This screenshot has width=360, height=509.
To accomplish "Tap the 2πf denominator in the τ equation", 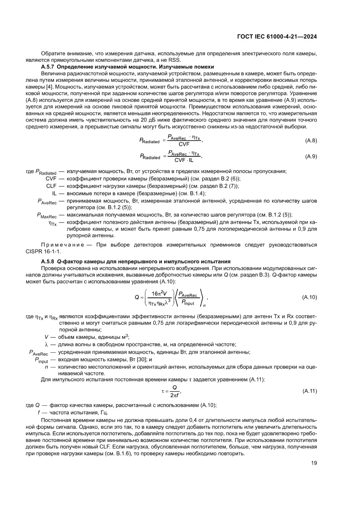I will point(175,395).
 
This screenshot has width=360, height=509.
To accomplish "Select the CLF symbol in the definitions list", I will point(51,186).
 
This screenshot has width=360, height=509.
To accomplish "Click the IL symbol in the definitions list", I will point(54,193).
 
